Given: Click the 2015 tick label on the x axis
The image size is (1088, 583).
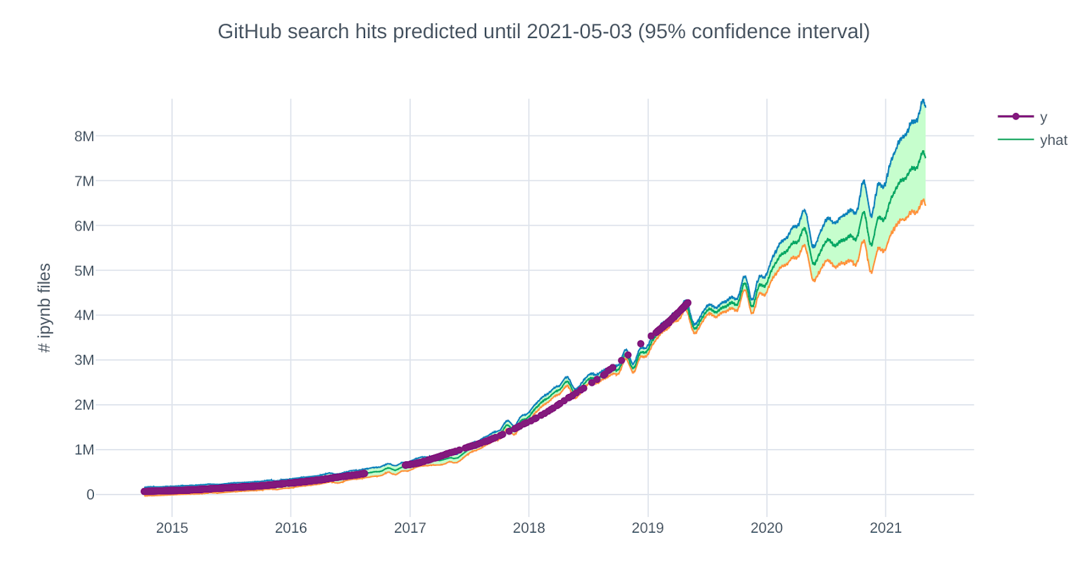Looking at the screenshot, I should [172, 528].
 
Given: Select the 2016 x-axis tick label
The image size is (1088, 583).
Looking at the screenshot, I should [291, 528].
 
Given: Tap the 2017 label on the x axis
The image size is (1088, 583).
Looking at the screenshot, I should [410, 528].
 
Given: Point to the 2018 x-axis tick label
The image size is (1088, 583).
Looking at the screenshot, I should [529, 528].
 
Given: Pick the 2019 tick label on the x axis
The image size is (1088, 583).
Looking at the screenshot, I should [647, 528].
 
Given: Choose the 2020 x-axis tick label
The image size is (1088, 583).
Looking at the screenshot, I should [766, 528].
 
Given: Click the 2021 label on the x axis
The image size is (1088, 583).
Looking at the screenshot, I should [885, 528].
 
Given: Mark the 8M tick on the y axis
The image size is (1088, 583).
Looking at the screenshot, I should [84, 136].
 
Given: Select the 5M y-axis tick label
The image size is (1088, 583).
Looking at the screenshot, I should [84, 271].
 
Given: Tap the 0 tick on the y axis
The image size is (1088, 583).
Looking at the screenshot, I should [90, 495].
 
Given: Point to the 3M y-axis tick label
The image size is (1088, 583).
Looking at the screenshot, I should [84, 360].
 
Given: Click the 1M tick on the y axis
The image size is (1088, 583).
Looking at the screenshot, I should [84, 450].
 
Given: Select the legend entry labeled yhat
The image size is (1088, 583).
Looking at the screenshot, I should [1053, 140].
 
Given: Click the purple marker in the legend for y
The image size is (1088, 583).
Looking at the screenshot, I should [1015, 116].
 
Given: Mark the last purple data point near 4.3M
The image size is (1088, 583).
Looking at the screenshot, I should [687, 303].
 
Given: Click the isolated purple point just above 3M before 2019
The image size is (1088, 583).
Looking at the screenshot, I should [641, 344].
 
